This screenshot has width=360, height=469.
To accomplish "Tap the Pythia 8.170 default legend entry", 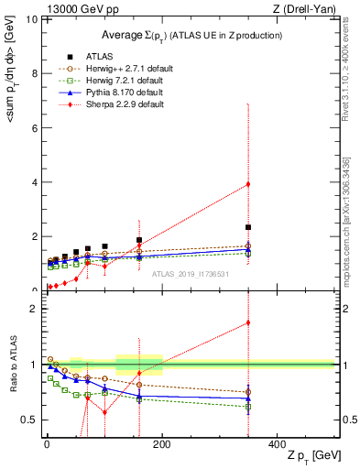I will [x=115, y=93].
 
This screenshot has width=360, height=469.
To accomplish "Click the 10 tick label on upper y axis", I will [x=31, y=19].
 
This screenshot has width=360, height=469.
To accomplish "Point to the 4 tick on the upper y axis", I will [x=34, y=182].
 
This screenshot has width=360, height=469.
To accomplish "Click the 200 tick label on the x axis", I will [x=162, y=442].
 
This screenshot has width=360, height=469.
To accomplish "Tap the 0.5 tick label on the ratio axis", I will [x=29, y=420].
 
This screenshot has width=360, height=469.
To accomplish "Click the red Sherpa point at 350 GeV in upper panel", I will [x=248, y=184].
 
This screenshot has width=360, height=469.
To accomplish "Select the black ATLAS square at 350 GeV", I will [x=248, y=227].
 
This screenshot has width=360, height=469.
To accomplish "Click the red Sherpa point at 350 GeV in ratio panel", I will [x=248, y=322].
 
